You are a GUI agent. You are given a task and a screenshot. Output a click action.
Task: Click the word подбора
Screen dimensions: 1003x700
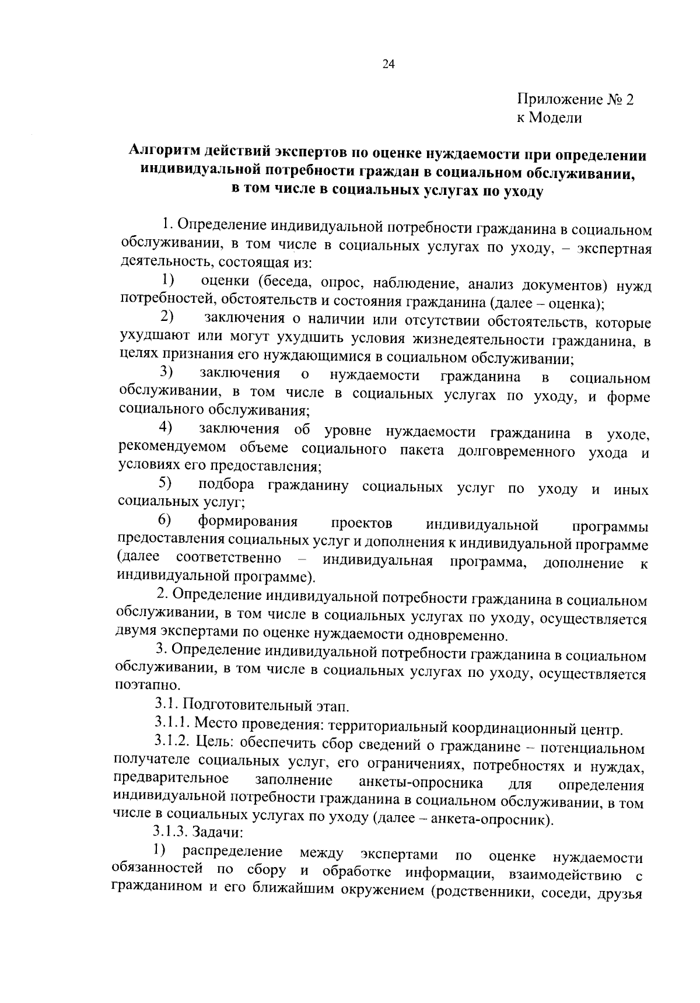[x=226, y=485]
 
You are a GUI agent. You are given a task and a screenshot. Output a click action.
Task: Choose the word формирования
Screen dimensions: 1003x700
[x=248, y=521]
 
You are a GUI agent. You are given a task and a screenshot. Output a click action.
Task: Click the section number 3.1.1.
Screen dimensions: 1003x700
[x=173, y=724]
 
